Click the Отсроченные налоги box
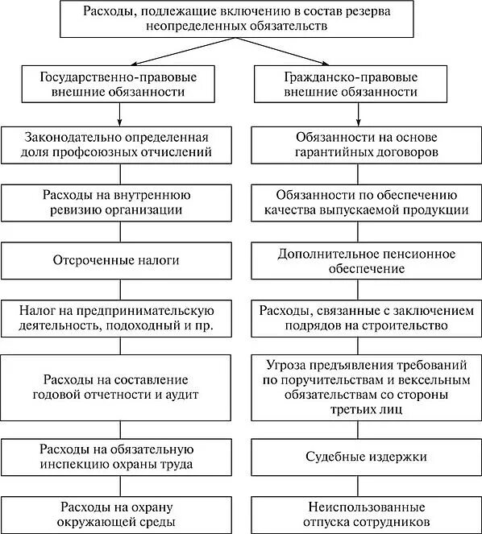click(118, 261)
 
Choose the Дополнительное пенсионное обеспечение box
click(363, 261)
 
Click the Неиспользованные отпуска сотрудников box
click(363, 514)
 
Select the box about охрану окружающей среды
click(118, 514)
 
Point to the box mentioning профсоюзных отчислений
click(118, 143)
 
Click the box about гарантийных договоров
click(363, 143)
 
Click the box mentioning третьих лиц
click(363, 386)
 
